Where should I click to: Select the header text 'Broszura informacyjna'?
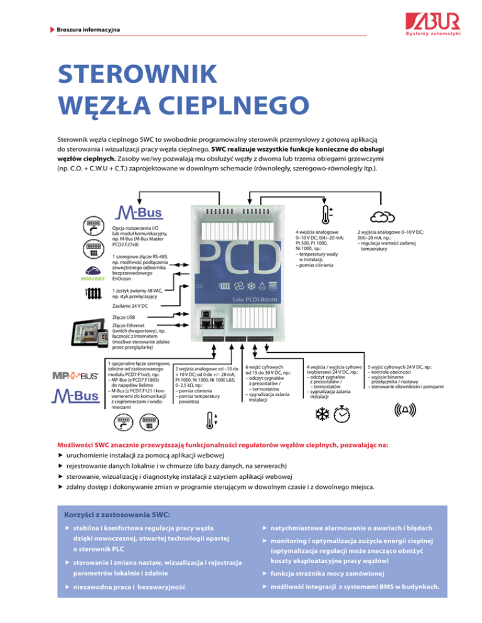88,30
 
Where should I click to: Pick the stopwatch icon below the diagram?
342,413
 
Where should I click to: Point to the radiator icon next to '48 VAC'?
94,293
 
